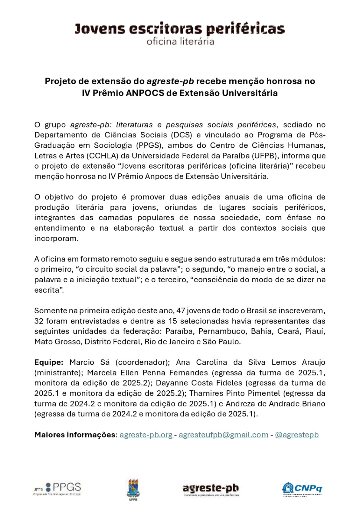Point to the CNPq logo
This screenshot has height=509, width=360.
pos(302,489)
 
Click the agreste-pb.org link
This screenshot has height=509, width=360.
pos(146,435)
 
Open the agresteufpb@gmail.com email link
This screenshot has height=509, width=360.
pos(223,435)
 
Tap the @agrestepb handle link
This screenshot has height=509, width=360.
pos(297,435)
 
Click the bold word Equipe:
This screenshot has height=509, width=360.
pos(49,362)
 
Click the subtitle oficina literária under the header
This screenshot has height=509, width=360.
pos(180,41)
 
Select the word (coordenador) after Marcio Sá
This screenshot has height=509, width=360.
pos(143,362)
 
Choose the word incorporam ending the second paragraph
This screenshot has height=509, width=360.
pos(56,238)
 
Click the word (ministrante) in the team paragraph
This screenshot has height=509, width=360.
pos(59,373)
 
